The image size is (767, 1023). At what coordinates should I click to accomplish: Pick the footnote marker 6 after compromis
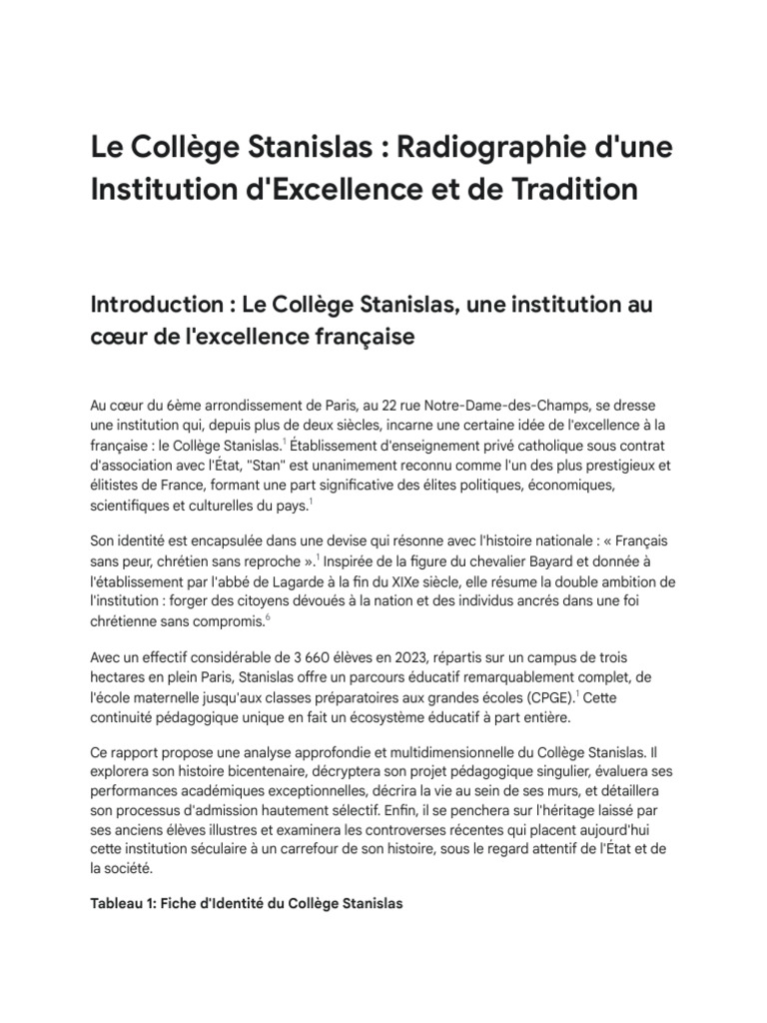(x=268, y=619)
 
